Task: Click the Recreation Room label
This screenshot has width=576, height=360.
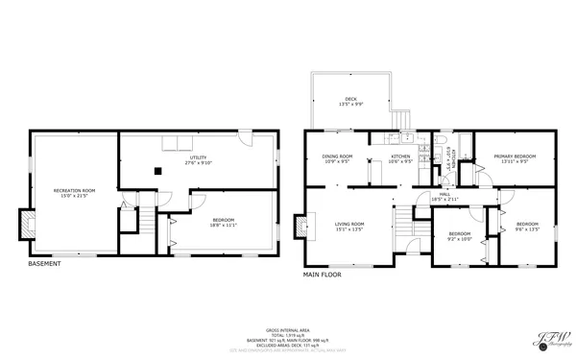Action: click(x=74, y=193)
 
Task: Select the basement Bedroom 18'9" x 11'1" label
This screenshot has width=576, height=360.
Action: click(x=223, y=223)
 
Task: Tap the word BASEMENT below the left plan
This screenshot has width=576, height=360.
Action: click(x=44, y=264)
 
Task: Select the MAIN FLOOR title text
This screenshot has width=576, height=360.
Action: click(x=323, y=275)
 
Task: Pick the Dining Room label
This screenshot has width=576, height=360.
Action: click(x=337, y=159)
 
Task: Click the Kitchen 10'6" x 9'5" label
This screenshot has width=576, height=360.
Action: click(x=400, y=159)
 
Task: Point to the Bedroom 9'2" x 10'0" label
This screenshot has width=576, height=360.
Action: click(x=460, y=236)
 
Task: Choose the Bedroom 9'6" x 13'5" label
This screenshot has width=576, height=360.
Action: click(x=528, y=227)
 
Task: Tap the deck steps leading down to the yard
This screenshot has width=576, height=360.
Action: click(x=403, y=118)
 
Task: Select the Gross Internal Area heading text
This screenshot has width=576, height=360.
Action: click(x=287, y=327)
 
